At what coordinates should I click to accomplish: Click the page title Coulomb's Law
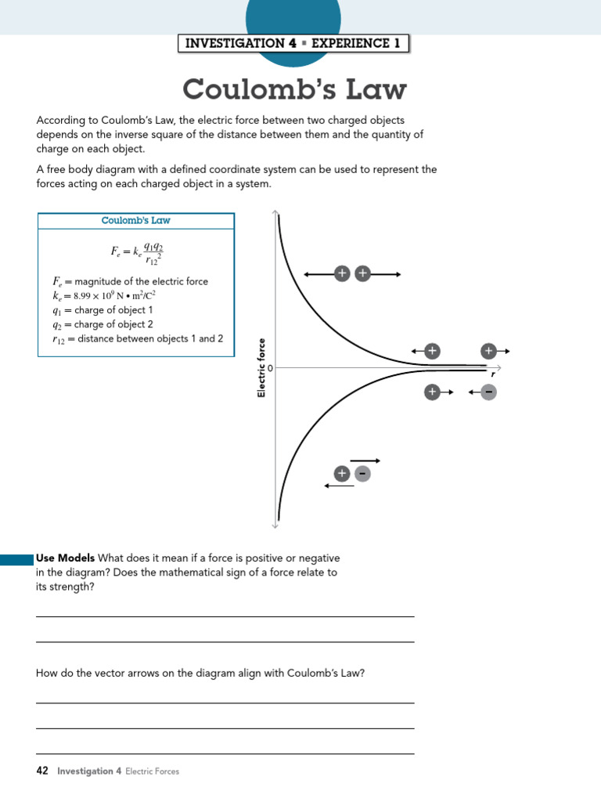tap(294, 89)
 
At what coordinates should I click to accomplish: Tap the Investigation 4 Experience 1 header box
tap(293, 44)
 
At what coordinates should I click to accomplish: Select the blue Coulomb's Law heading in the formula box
tap(135, 221)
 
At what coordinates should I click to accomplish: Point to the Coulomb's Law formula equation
tap(137, 252)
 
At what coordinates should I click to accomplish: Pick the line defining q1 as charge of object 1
tap(103, 310)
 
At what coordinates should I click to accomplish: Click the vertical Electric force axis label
tap(261, 367)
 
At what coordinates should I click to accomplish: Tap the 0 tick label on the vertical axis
tap(271, 367)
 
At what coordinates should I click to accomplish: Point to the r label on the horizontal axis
tap(493, 374)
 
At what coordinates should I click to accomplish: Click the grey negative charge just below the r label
tap(488, 392)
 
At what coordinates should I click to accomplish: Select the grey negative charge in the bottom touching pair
tap(362, 474)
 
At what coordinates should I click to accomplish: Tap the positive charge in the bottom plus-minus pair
tap(341, 474)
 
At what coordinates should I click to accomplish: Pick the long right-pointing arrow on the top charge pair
tap(387, 273)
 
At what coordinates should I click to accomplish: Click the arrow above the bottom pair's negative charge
tap(365, 461)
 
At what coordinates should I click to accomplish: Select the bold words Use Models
tap(66, 558)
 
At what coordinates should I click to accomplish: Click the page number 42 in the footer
tap(42, 771)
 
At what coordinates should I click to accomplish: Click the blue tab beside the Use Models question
tap(16, 559)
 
